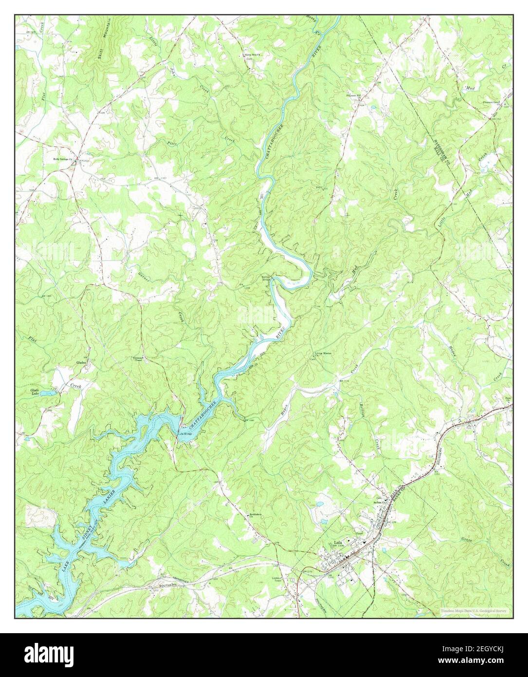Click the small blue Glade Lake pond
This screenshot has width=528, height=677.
click(48, 392)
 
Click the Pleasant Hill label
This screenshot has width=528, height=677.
click(354, 95)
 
